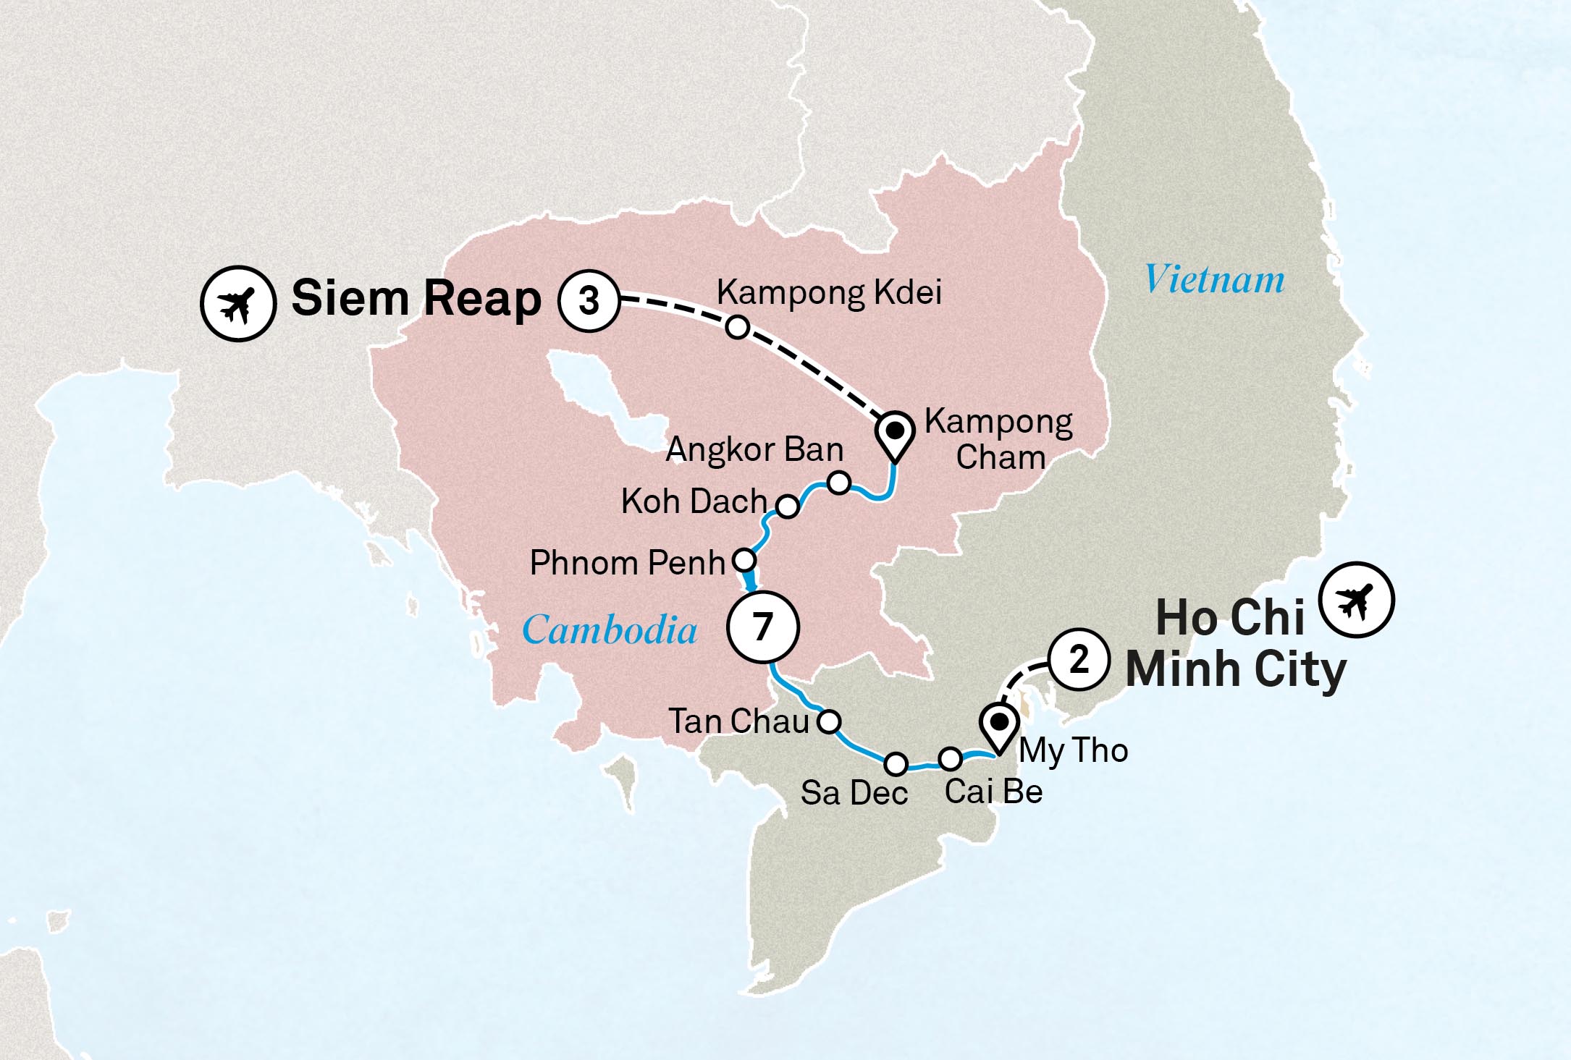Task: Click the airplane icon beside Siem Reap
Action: pyautogui.click(x=238, y=303)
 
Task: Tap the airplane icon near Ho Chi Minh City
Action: pyautogui.click(x=1356, y=599)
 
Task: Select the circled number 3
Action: pyautogui.click(x=589, y=300)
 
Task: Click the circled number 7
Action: pyautogui.click(x=762, y=626)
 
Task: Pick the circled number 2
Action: pyautogui.click(x=1079, y=659)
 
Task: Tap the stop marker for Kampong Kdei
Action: pyautogui.click(x=737, y=327)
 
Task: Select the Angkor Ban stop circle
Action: pyautogui.click(x=838, y=483)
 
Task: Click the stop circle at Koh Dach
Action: pyautogui.click(x=788, y=506)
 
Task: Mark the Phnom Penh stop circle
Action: pyautogui.click(x=744, y=560)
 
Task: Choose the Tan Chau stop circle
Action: pyautogui.click(x=829, y=721)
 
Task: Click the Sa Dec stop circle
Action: pyautogui.click(x=896, y=763)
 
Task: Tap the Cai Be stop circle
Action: pyautogui.click(x=951, y=759)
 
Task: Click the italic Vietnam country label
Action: pyautogui.click(x=1214, y=279)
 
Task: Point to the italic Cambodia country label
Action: pyautogui.click(x=609, y=630)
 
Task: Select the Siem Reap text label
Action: pyautogui.click(x=416, y=300)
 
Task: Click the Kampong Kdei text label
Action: pyautogui.click(x=829, y=293)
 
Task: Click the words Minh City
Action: pyautogui.click(x=1235, y=669)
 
